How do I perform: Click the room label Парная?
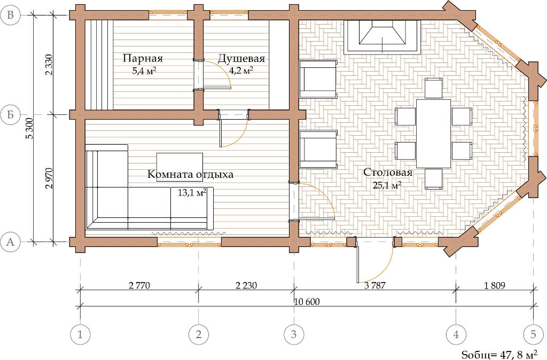[x=143, y=58]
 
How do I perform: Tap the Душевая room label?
[x=241, y=58]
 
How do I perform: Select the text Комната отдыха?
[x=190, y=174]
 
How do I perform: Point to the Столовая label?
[x=388, y=173]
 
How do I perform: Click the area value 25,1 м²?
[x=387, y=185]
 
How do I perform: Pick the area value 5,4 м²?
[x=144, y=72]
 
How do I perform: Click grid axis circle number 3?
[x=294, y=334]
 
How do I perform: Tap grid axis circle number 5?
[x=533, y=334]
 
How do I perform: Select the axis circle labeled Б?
[x=11, y=114]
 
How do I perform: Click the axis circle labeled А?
[x=11, y=241]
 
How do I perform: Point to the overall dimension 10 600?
[x=307, y=302]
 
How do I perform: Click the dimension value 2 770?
[x=139, y=286]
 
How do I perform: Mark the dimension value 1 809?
[x=495, y=286]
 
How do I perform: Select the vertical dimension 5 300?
[x=30, y=128]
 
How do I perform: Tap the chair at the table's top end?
[x=434, y=88]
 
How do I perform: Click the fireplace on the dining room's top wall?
[x=382, y=37]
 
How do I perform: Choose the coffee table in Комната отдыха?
[x=179, y=167]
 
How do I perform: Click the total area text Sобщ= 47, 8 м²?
[x=499, y=354]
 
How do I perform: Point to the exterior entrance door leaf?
[x=357, y=260]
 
